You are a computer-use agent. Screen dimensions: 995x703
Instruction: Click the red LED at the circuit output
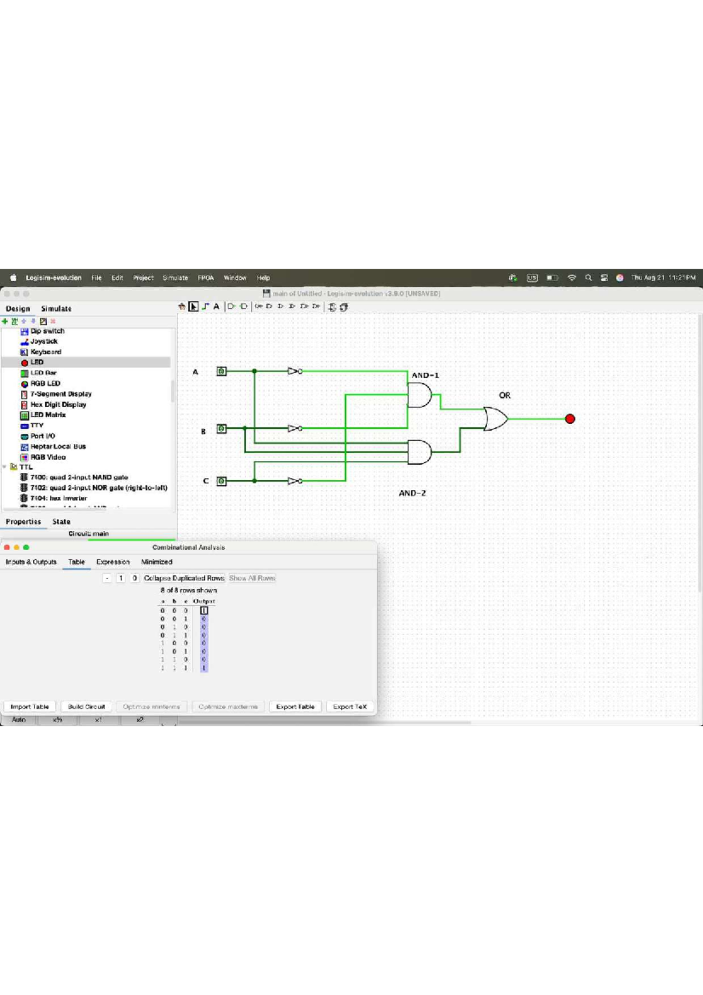(x=570, y=418)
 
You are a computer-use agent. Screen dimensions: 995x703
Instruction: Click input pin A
(x=221, y=371)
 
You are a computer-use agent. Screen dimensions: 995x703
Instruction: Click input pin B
(x=221, y=428)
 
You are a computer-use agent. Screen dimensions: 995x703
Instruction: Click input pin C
(x=221, y=481)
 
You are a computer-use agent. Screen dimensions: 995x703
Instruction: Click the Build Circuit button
(x=86, y=707)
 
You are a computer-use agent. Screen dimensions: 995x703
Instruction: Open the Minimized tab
(x=156, y=562)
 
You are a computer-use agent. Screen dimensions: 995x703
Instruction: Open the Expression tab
(x=112, y=562)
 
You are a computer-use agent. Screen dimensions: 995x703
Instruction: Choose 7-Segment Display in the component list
(x=60, y=394)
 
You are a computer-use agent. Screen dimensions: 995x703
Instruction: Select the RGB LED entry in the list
(x=45, y=383)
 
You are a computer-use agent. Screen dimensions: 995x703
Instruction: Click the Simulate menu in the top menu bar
(x=175, y=278)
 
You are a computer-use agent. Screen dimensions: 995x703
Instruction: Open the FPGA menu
(x=206, y=278)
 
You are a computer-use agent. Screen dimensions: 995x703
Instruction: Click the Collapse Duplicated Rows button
(x=184, y=578)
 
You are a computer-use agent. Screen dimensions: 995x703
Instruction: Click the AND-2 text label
(x=412, y=493)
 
